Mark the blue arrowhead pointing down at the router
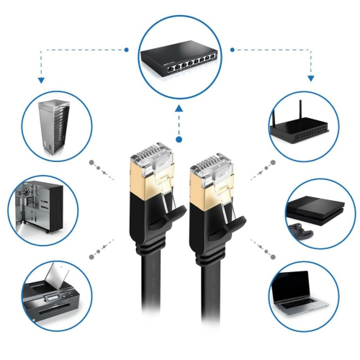pos(310,76)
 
